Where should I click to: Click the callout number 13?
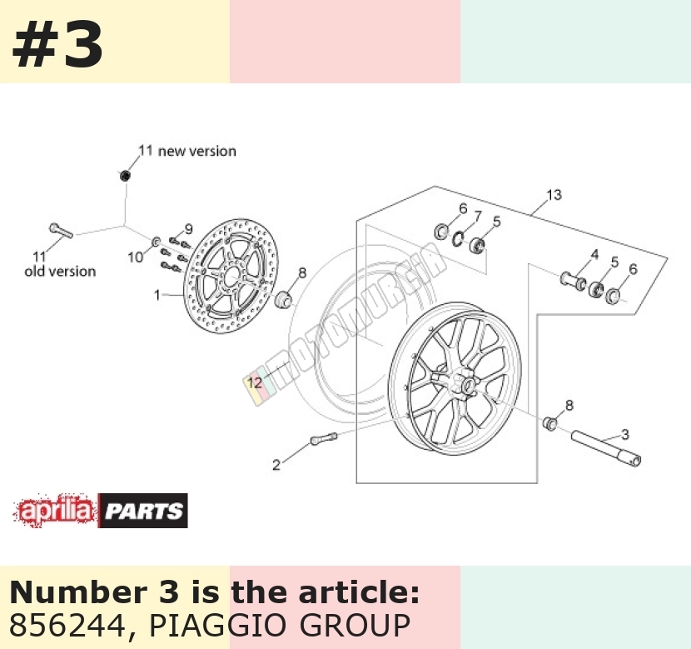tap(554, 195)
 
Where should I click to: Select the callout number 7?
tap(478, 216)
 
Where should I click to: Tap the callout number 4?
tap(595, 254)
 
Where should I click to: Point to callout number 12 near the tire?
tap(255, 382)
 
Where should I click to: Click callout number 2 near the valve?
tap(276, 465)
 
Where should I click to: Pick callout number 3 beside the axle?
tap(625, 435)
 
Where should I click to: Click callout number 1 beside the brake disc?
tap(157, 295)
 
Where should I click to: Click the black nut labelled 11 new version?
tap(125, 176)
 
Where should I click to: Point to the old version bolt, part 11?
tap(61, 230)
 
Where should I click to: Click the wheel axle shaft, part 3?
tap(606, 449)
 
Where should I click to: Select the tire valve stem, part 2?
tap(324, 439)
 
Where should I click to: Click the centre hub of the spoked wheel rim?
tap(466, 382)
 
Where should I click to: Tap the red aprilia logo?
tap(55, 511)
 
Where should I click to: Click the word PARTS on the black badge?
tap(144, 512)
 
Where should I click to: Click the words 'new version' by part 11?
tap(197, 152)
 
